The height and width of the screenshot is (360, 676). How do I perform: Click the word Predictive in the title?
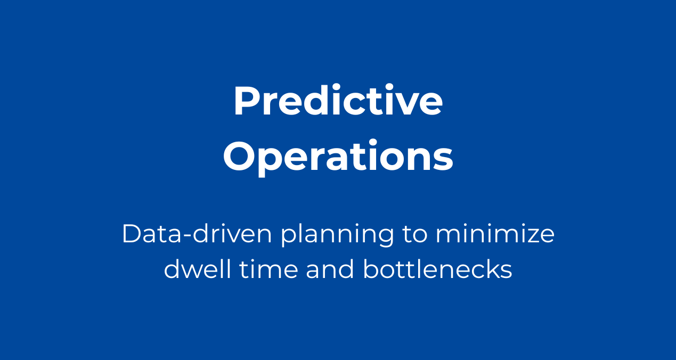(x=338, y=100)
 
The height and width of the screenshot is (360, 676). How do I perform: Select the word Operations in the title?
(x=338, y=157)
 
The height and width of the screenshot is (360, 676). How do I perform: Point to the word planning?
(x=337, y=236)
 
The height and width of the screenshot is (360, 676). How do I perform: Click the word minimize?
(x=495, y=234)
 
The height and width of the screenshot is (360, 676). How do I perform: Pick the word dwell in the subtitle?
(x=198, y=268)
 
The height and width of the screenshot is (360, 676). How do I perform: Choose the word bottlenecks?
(x=437, y=268)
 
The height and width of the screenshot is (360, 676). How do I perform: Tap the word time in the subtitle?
(x=269, y=269)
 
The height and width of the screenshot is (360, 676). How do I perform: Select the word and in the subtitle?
(x=330, y=268)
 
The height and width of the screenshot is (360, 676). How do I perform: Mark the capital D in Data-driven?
(x=132, y=234)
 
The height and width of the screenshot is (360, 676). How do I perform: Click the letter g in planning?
(x=385, y=239)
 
